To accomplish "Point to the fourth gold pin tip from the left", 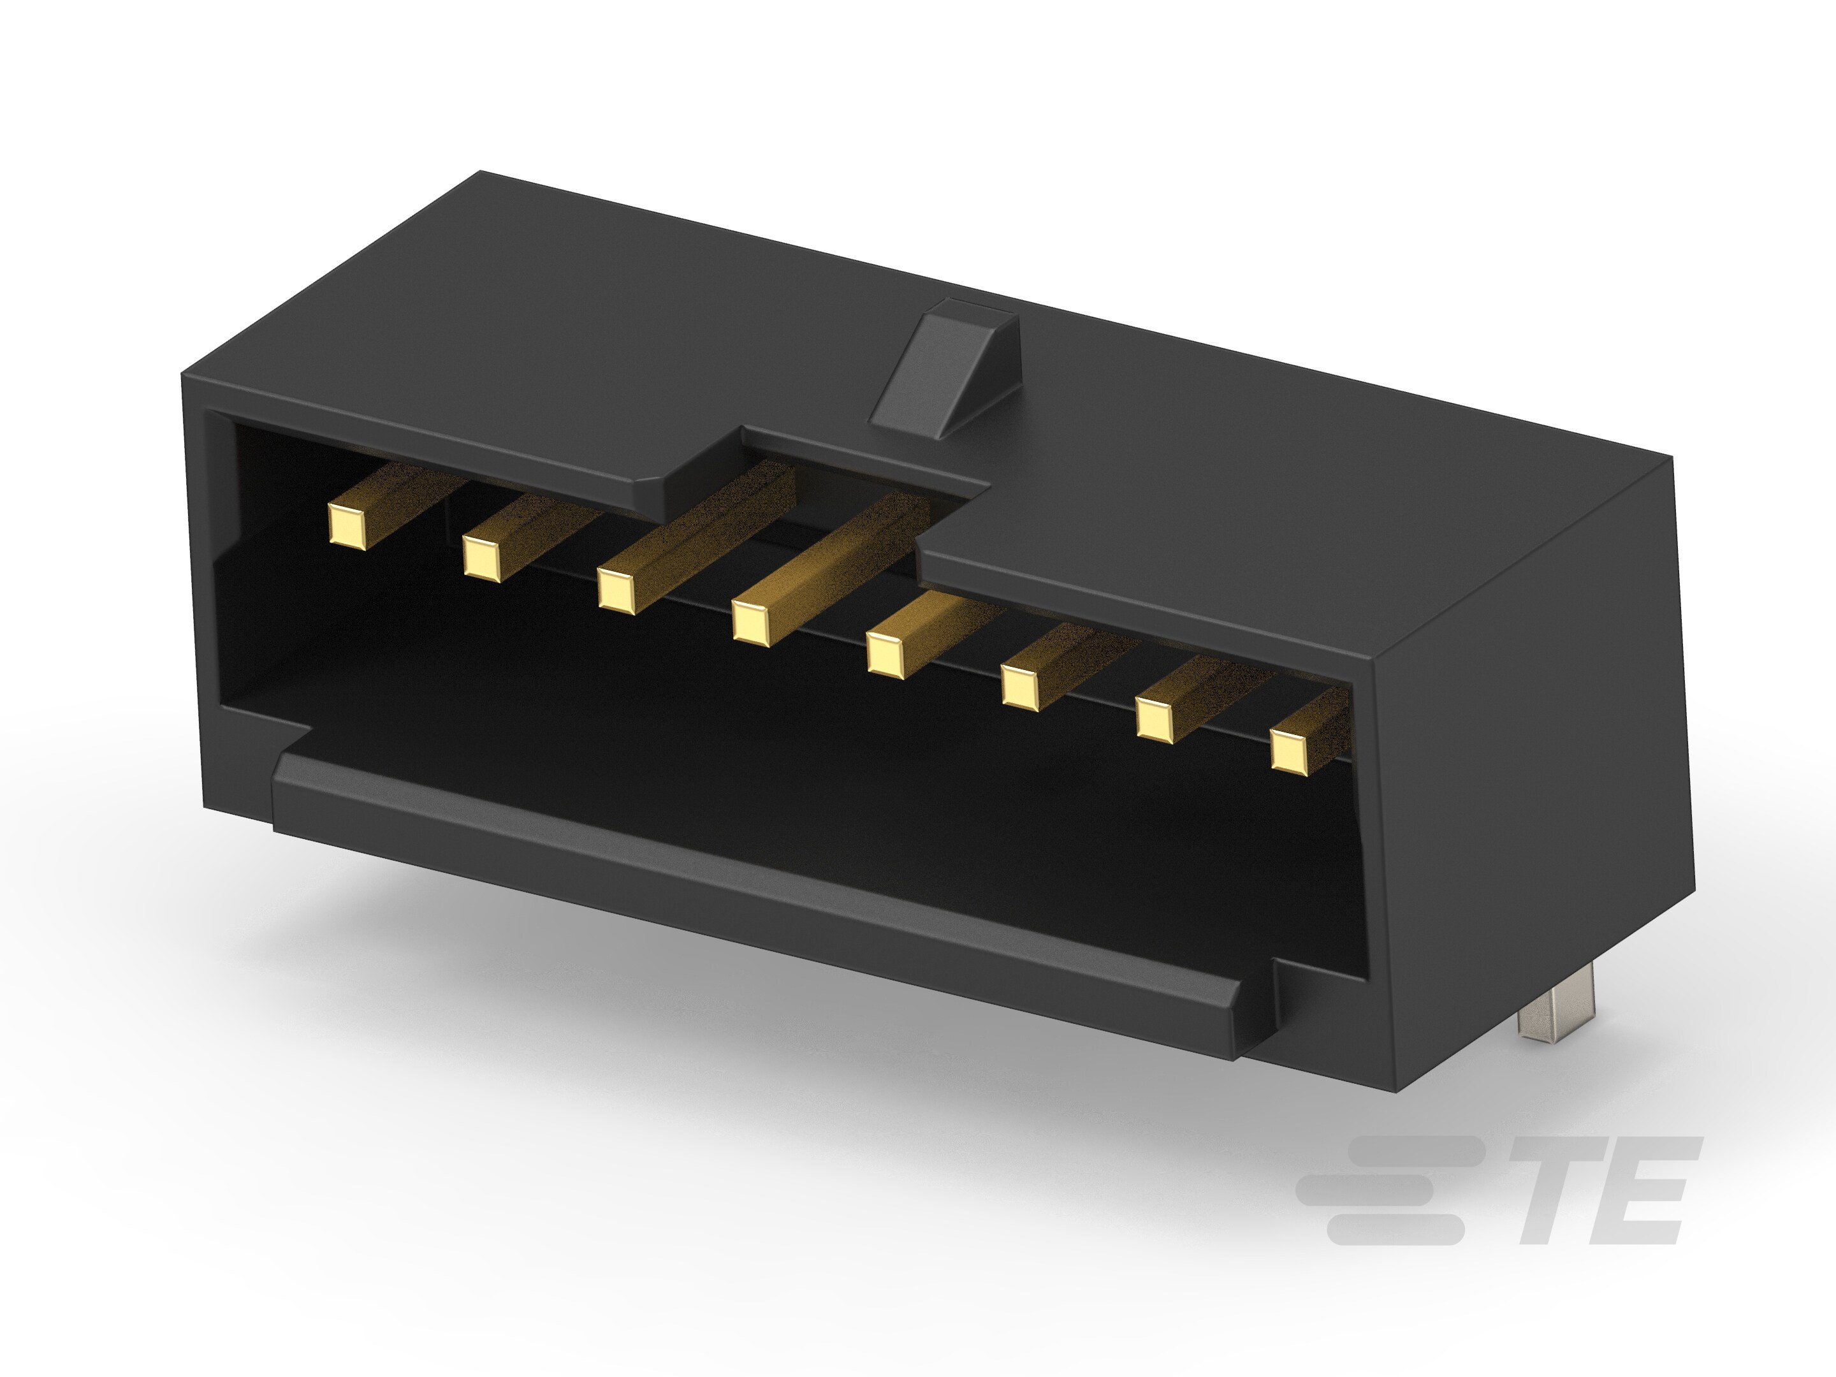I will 751,622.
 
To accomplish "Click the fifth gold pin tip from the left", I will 885,654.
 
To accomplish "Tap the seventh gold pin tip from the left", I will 1155,719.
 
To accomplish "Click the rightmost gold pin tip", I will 1289,752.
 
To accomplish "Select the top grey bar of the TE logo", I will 1411,1151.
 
